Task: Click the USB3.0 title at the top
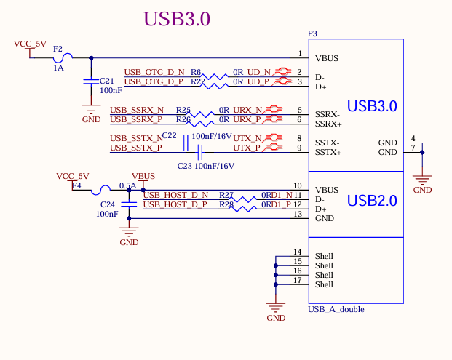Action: pyautogui.click(x=177, y=20)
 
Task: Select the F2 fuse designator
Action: pyautogui.click(x=58, y=49)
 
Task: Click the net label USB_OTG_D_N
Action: pyautogui.click(x=154, y=72)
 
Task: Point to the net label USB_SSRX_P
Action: pyautogui.click(x=137, y=119)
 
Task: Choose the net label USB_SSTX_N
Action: pyautogui.click(x=136, y=138)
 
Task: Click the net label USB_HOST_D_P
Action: pyautogui.click(x=175, y=204)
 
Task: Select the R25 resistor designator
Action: pyautogui.click(x=183, y=110)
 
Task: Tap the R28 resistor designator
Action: pyautogui.click(x=226, y=205)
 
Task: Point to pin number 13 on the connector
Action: pyautogui.click(x=297, y=214)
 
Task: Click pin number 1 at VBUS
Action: pyautogui.click(x=300, y=54)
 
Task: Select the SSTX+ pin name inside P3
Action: pyautogui.click(x=328, y=153)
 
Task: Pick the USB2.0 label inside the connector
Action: pyautogui.click(x=372, y=200)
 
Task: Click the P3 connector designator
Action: pyautogui.click(x=313, y=33)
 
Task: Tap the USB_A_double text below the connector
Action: pyautogui.click(x=336, y=309)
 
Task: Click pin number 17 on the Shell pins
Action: pyautogui.click(x=297, y=280)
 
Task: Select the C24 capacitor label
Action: pyautogui.click(x=107, y=204)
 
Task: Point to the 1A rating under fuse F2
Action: pyautogui.click(x=58, y=68)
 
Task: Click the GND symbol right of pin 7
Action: pyautogui.click(x=422, y=182)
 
